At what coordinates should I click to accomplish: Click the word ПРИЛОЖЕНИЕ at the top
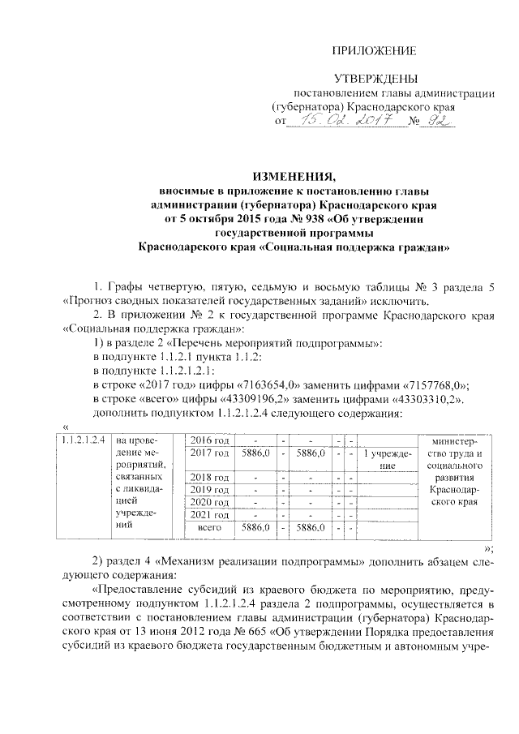click(x=375, y=51)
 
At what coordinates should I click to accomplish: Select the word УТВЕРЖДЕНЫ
click(x=375, y=79)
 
